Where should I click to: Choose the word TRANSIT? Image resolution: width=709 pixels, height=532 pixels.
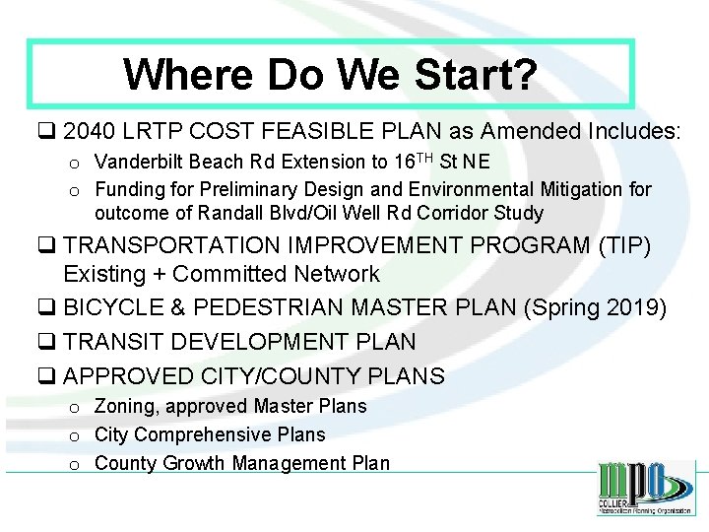tap(116, 342)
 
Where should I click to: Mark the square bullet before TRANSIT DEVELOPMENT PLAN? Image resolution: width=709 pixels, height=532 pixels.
tap(47, 343)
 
